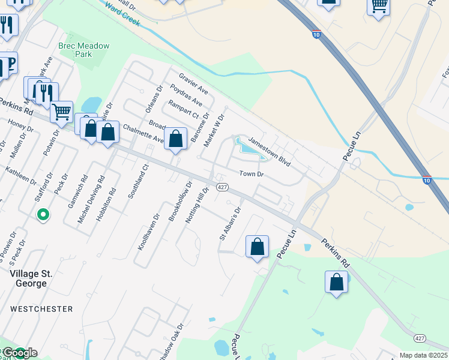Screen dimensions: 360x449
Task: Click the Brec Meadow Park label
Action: click(75, 50)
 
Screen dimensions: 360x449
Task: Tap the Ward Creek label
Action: click(122, 15)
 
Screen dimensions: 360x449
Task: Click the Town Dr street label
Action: click(252, 174)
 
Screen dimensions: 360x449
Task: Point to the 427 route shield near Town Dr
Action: click(221, 188)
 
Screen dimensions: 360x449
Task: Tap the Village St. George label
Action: click(31, 274)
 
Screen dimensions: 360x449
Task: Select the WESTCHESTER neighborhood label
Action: click(42, 309)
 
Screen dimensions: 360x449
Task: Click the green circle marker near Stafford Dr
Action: click(43, 214)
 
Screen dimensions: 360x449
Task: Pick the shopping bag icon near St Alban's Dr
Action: click(257, 246)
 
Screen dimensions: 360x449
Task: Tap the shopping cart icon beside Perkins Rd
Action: click(61, 111)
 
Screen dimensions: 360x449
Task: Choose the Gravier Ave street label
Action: click(193, 83)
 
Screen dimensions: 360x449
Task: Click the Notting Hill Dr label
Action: click(197, 206)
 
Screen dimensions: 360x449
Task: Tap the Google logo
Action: click(20, 353)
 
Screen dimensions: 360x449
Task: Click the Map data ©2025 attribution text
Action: click(423, 355)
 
